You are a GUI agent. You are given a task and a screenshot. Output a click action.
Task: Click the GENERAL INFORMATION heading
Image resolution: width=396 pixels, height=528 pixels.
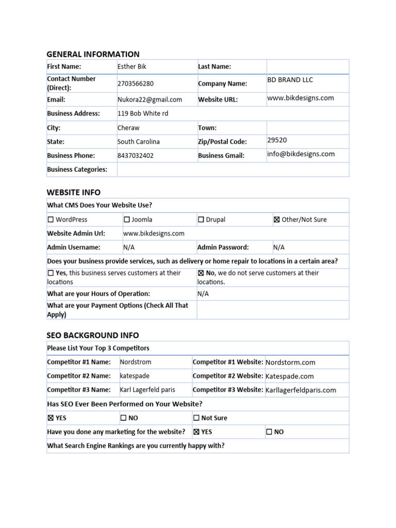pyautogui.click(x=93, y=54)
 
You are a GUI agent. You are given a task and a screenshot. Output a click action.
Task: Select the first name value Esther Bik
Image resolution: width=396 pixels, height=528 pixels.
pyautogui.click(x=132, y=67)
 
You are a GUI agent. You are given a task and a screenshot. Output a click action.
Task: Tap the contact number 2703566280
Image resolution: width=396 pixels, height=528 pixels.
pyautogui.click(x=136, y=84)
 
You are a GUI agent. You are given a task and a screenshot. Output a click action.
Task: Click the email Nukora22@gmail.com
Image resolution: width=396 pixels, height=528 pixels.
pyautogui.click(x=150, y=100)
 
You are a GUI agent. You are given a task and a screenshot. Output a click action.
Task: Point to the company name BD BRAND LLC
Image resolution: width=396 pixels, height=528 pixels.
pyautogui.click(x=290, y=80)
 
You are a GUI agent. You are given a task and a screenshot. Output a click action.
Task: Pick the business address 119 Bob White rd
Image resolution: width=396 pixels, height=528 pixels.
pyautogui.click(x=143, y=113)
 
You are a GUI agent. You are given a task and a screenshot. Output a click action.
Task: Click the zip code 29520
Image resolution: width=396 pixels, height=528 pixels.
pyautogui.click(x=277, y=140)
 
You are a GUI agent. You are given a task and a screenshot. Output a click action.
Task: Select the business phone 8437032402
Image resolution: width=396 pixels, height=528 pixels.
pyautogui.click(x=136, y=155)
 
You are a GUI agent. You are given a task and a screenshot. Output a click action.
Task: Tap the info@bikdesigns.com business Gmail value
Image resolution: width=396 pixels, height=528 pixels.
pyautogui.click(x=301, y=154)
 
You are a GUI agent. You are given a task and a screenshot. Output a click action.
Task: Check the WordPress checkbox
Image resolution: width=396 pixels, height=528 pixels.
pyautogui.click(x=51, y=220)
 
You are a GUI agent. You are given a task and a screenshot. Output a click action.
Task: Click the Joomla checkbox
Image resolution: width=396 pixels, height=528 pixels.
pyautogui.click(x=127, y=220)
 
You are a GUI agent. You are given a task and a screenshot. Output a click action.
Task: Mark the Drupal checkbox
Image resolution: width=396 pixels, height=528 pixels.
pyautogui.click(x=201, y=220)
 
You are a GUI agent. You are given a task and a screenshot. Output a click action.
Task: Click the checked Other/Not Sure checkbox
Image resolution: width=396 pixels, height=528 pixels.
pyautogui.click(x=277, y=220)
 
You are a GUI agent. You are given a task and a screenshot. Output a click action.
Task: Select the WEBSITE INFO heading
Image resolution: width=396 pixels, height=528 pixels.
pyautogui.click(x=74, y=192)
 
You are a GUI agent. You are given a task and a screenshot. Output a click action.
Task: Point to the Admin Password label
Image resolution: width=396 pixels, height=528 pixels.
pyautogui.click(x=223, y=247)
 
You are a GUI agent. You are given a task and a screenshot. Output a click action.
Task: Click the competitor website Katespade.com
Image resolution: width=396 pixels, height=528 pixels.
pyautogui.click(x=289, y=376)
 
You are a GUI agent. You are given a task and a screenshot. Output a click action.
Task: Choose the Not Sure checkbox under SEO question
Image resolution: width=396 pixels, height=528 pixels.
pyautogui.click(x=196, y=418)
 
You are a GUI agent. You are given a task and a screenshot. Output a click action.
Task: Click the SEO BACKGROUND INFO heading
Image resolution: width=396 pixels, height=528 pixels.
pyautogui.click(x=93, y=335)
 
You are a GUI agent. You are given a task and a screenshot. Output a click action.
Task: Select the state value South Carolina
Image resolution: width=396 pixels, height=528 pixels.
pyautogui.click(x=139, y=142)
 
